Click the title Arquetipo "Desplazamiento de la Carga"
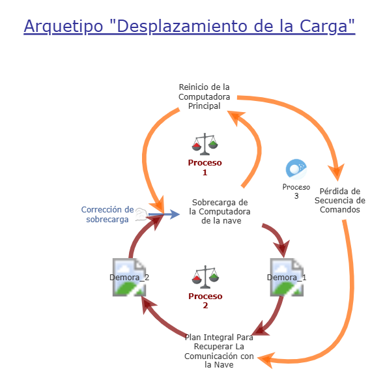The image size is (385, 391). [x=189, y=26]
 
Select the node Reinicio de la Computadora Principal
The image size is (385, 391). [x=205, y=96]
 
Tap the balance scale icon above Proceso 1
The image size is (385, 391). [x=205, y=143]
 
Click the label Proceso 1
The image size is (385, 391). [x=205, y=167]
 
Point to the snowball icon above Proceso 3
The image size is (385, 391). [x=296, y=169]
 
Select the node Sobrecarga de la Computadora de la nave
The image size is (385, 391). [x=220, y=211]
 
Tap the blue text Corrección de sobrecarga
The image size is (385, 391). [x=107, y=214]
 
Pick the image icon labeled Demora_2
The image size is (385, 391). [x=129, y=277]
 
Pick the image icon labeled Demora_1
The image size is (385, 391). [x=287, y=277]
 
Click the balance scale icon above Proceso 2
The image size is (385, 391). [x=205, y=277]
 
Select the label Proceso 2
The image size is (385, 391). [x=205, y=300]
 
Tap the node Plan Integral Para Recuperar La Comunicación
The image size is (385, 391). [x=219, y=351]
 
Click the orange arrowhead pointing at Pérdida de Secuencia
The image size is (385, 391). [x=335, y=173]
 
